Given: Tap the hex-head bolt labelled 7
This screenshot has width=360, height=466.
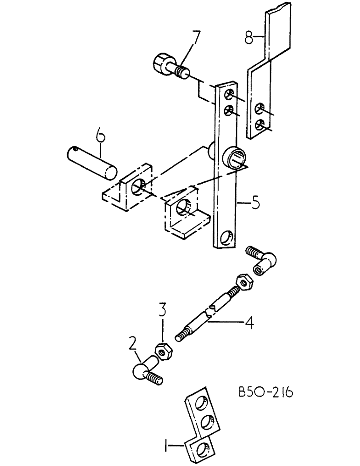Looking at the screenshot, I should pyautogui.click(x=168, y=67).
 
